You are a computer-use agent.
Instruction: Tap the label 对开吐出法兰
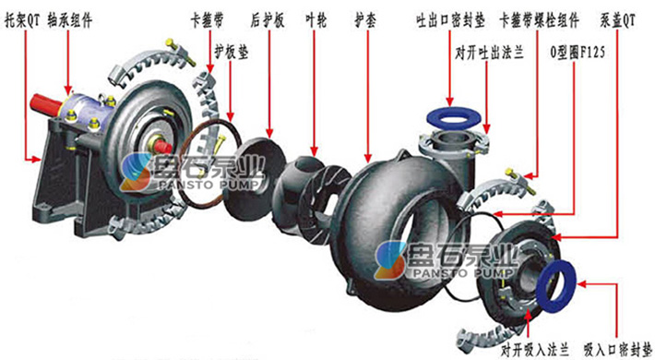click(489, 54)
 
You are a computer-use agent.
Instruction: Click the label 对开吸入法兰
click(531, 349)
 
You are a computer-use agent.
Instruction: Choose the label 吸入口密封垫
click(615, 349)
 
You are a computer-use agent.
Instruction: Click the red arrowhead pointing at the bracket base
click(39, 160)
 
